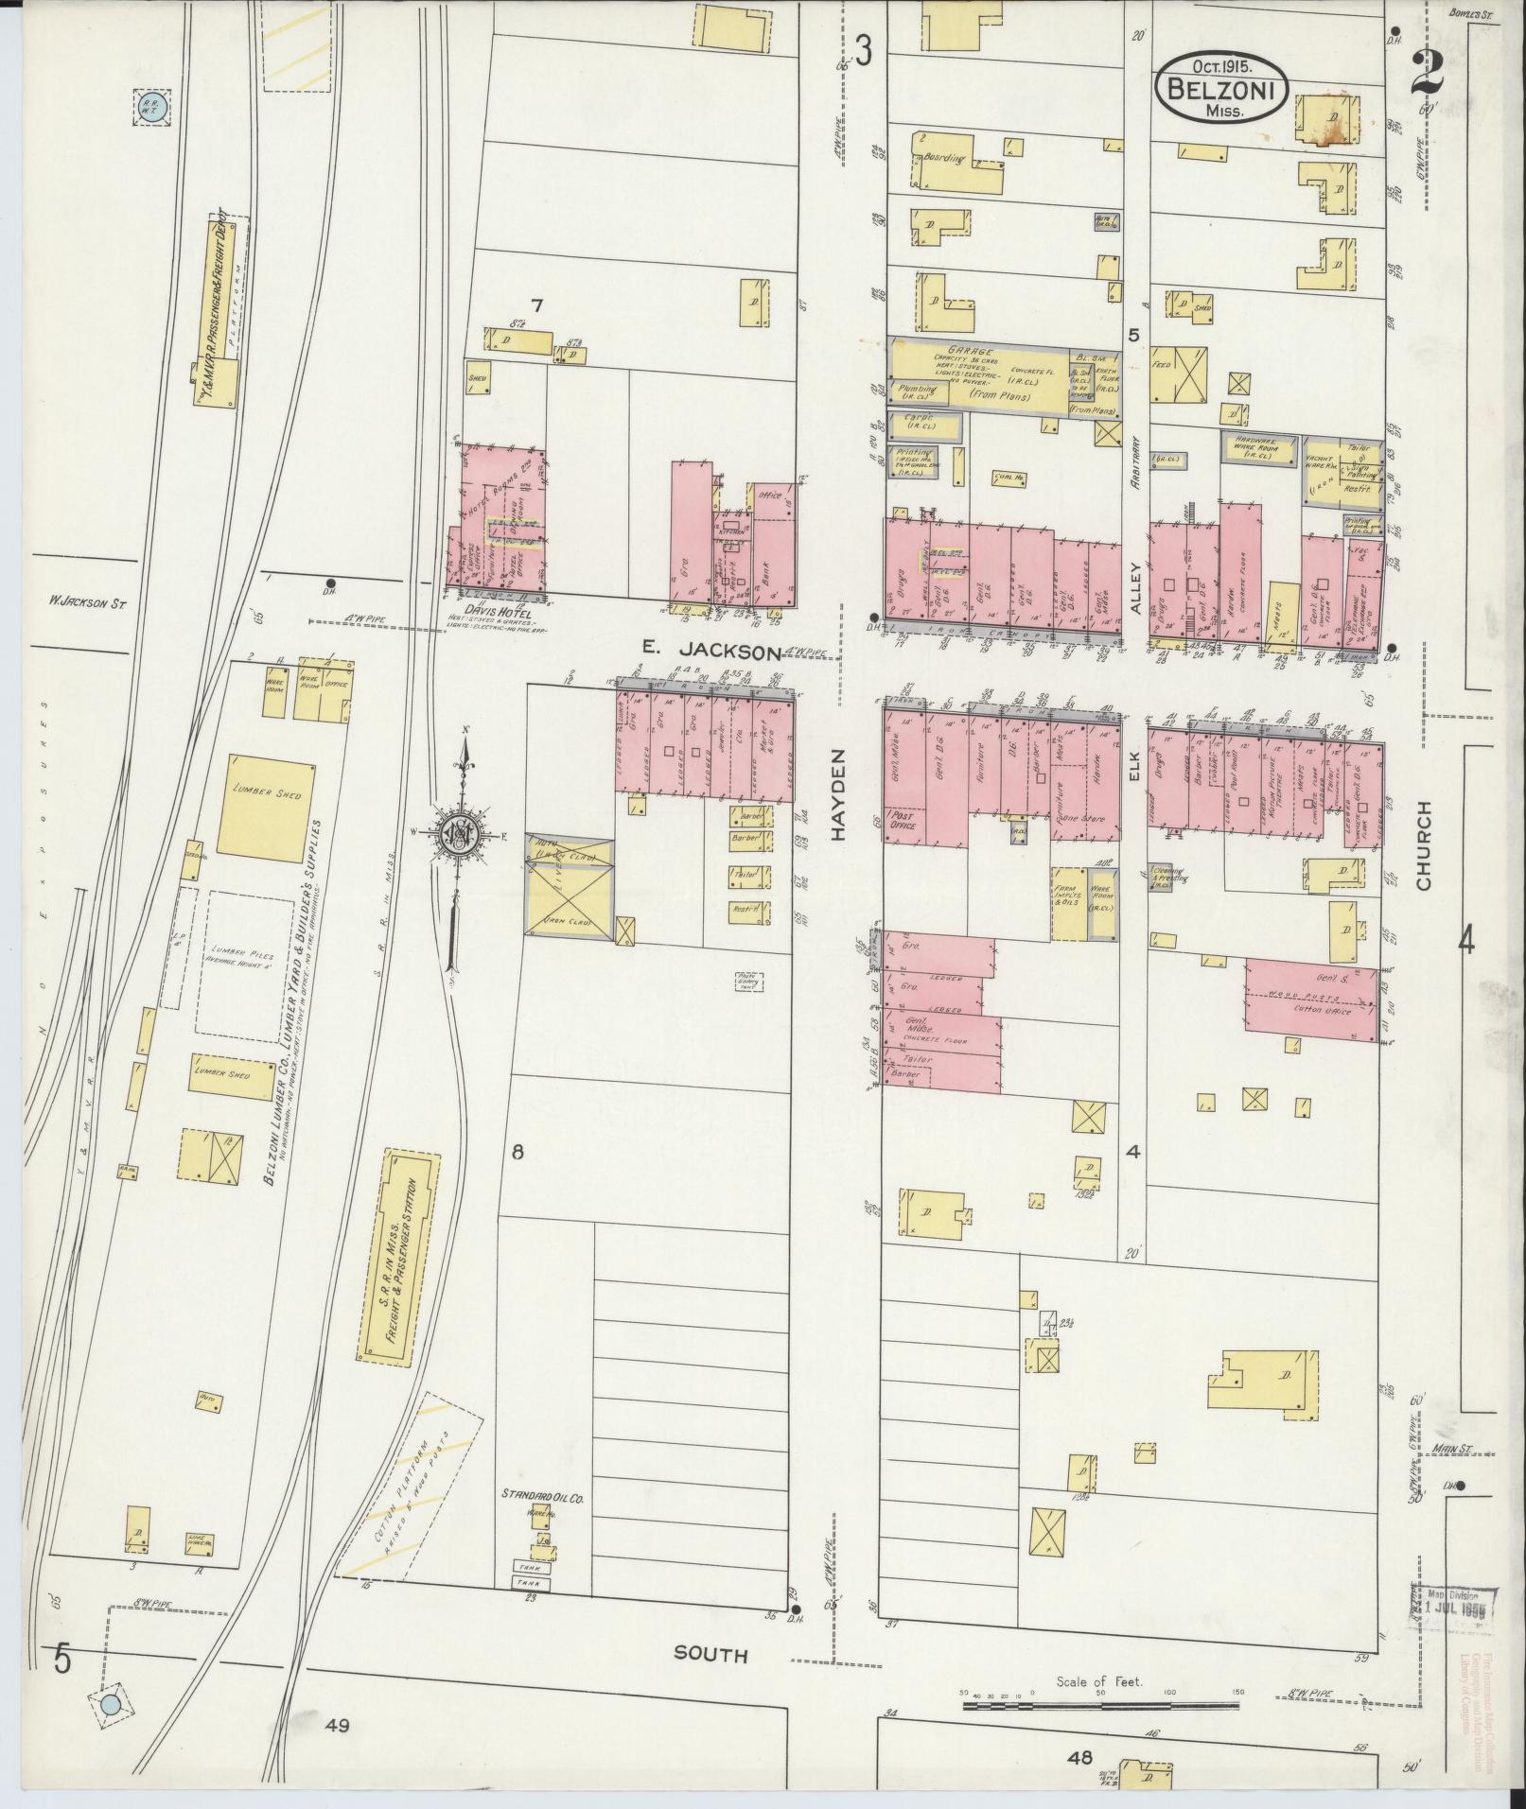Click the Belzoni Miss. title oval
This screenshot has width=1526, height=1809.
click(1219, 86)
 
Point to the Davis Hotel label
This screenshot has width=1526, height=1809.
click(497, 613)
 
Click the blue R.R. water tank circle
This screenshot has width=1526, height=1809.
click(151, 108)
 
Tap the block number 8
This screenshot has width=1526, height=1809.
click(517, 1152)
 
